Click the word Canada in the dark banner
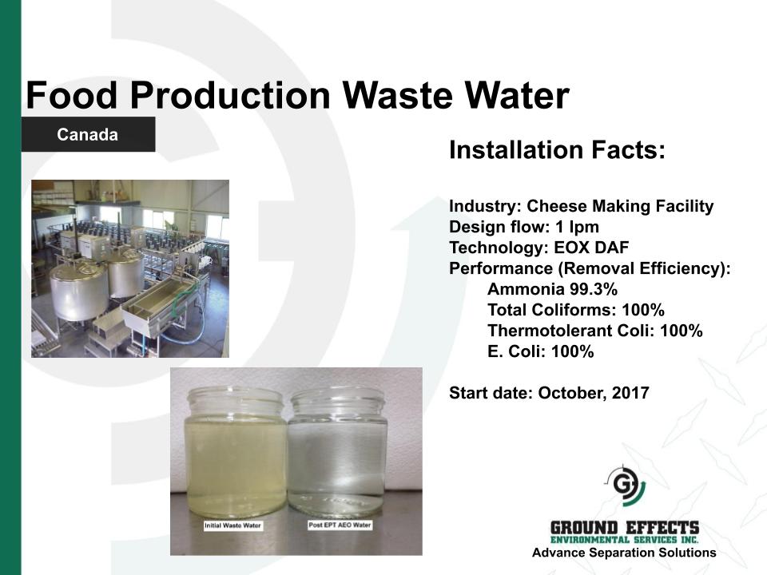coord(88,134)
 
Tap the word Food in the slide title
coord(71,95)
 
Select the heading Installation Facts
coord(557,149)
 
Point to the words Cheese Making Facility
coord(620,206)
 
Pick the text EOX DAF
coord(591,248)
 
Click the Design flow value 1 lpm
coord(577,227)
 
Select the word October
coord(570,393)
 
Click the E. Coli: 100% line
coord(541,351)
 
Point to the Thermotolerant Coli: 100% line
coord(594,331)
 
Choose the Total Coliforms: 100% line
coord(576,310)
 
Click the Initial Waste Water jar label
coord(232,525)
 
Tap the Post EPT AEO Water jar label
coord(340,525)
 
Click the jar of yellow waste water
coord(234,452)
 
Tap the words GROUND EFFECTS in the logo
coord(625,528)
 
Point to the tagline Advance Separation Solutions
coord(624,553)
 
